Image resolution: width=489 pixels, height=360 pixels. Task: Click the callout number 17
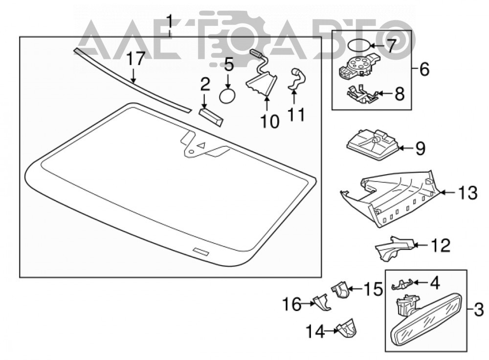point(136,59)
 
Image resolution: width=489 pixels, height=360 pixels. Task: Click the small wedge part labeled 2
point(211,117)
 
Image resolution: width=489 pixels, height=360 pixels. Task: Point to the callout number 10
point(270,121)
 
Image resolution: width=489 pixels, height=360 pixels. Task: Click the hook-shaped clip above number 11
point(297,81)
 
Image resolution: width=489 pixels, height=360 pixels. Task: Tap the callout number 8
point(400,93)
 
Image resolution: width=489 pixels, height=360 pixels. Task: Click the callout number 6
point(424,69)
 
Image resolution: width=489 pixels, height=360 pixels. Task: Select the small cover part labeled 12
point(395,247)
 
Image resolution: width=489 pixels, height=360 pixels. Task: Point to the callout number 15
point(373,289)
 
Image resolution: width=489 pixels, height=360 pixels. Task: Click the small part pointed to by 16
point(322,302)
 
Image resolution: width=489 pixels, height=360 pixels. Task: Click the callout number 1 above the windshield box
point(170,22)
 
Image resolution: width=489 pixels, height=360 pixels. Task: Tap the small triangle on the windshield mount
point(202,145)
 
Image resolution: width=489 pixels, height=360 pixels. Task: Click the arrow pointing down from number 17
point(133,76)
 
